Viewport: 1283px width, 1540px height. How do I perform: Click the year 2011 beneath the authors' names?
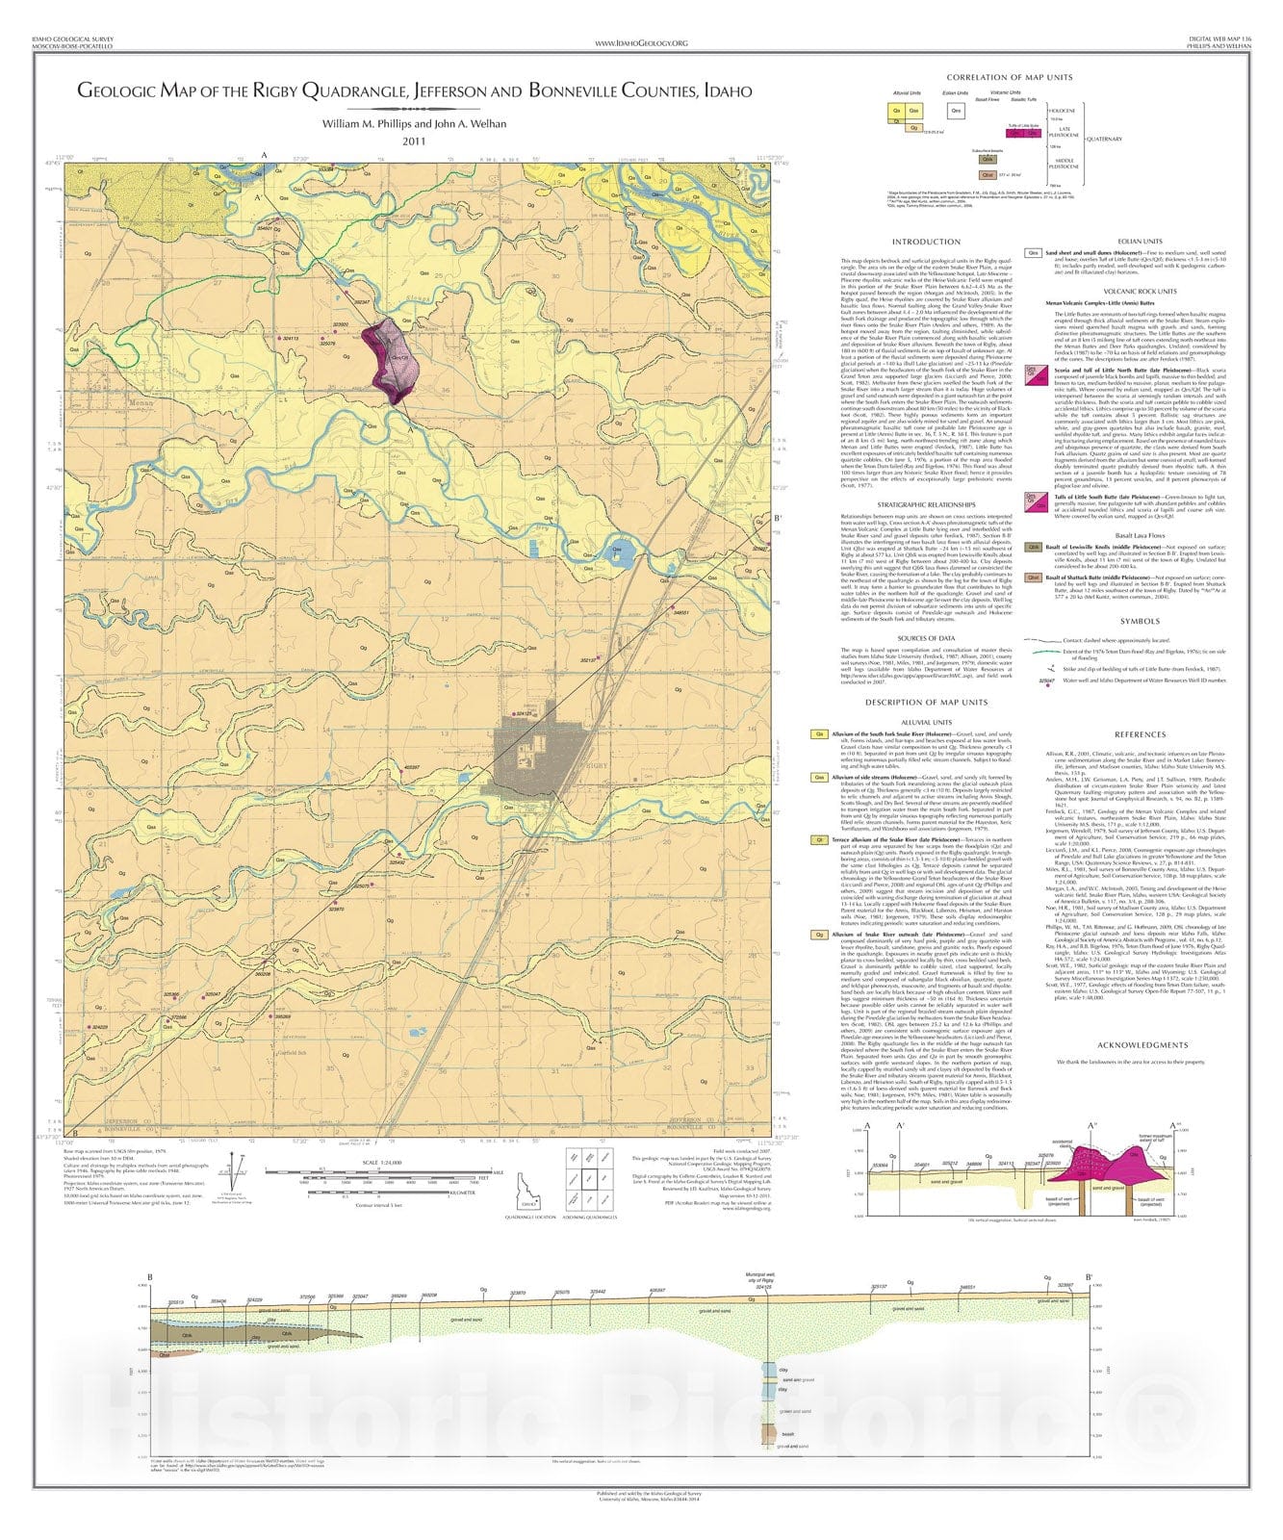click(x=414, y=141)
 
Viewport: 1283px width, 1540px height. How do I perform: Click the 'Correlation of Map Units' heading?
click(x=1009, y=77)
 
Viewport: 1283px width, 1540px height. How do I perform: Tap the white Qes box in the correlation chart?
click(x=956, y=112)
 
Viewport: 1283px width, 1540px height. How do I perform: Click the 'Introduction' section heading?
click(x=926, y=242)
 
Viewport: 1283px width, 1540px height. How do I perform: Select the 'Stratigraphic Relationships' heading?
click(x=926, y=504)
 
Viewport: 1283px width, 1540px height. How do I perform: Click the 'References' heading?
click(x=1140, y=734)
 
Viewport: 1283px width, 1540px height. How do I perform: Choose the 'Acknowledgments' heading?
click(x=1142, y=1044)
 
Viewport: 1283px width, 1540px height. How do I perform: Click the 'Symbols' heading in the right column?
click(x=1140, y=621)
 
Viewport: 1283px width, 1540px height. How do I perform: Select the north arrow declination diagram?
click(x=229, y=1173)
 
